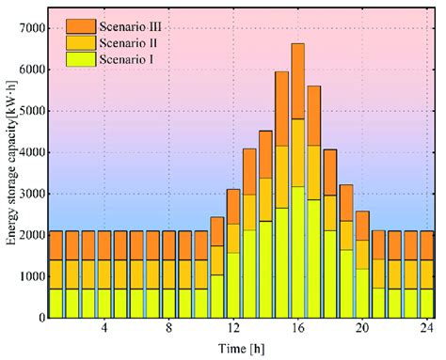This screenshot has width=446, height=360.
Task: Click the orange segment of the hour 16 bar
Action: (297, 81)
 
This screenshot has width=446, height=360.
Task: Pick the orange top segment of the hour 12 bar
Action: (232, 206)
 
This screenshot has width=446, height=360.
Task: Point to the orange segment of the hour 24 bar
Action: (427, 218)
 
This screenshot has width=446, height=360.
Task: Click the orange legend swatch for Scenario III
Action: (80, 26)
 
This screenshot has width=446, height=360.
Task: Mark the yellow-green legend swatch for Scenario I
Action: (80, 60)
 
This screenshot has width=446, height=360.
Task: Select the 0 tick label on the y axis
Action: (42, 318)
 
